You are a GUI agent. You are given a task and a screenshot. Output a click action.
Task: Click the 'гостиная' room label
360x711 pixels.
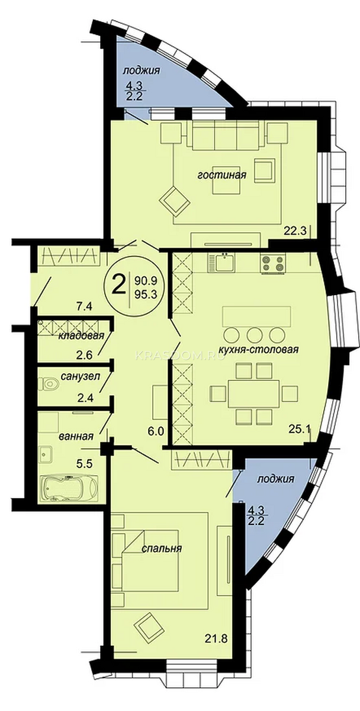pos(221,175)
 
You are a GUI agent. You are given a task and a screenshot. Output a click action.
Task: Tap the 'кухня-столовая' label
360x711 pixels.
pos(259,350)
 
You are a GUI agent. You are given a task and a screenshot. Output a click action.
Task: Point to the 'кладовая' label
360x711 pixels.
pos(81,336)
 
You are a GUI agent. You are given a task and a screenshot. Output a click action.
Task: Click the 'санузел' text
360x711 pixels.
pos(81,376)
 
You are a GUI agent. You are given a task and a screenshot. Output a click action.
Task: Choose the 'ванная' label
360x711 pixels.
pos(76,437)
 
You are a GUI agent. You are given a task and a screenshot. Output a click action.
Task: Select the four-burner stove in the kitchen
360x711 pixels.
pos(272,263)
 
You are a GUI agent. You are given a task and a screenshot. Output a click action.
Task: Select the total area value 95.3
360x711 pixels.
pos(146,295)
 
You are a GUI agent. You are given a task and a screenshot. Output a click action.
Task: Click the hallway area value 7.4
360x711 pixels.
pos(84,307)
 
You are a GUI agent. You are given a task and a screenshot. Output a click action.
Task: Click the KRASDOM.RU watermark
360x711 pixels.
pos(180,356)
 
